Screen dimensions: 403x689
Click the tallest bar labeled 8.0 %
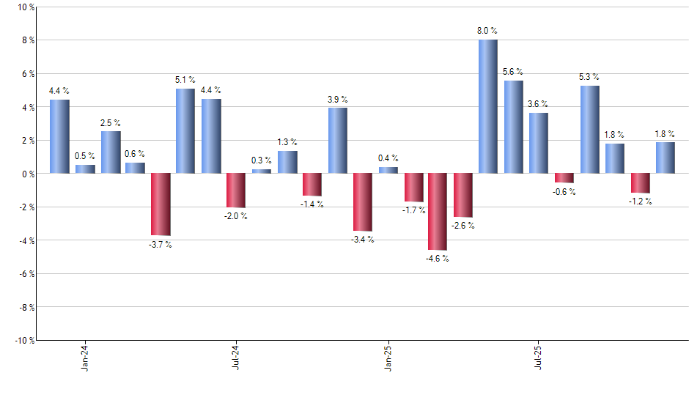point(488,106)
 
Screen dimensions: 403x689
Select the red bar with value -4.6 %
point(438,212)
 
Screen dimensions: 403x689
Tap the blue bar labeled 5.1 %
point(185,131)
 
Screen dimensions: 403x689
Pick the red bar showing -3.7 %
point(161,204)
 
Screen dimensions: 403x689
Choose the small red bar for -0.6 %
point(564,178)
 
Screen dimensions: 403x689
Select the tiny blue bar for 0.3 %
point(262,171)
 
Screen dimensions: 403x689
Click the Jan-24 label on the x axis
point(85,356)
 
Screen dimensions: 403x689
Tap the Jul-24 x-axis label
point(236,356)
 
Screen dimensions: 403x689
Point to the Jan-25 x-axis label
point(387,356)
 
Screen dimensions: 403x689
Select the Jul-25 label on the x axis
point(539,356)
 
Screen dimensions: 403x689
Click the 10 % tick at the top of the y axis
point(26,7)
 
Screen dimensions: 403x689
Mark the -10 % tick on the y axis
point(24,340)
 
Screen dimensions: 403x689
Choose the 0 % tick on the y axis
point(28,174)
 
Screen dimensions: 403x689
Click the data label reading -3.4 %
point(362,240)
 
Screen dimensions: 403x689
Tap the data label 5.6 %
point(513,71)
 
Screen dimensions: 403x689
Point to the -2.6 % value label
point(463,226)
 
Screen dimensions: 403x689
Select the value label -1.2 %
point(640,202)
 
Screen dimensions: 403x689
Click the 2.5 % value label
point(111,122)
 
